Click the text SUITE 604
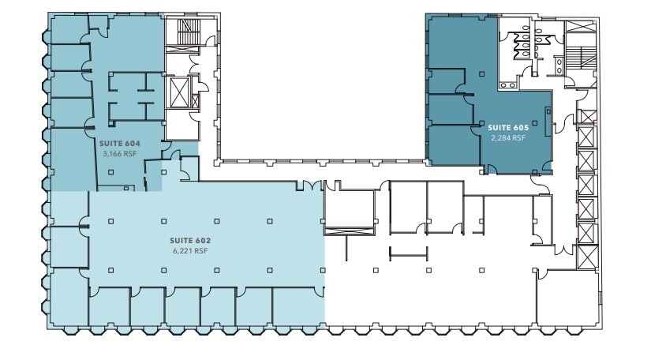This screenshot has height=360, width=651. pos(118,144)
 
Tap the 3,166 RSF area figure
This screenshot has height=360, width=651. pos(118,153)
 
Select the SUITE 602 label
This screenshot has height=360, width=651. pos(189,240)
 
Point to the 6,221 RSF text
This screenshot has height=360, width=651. pos(189,250)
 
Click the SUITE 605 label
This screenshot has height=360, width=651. pos(507,127)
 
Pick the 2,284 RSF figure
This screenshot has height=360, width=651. pos(507,137)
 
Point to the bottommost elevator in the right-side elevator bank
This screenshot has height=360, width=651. pos(586,255)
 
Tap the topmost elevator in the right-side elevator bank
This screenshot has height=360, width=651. pos(586,117)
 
